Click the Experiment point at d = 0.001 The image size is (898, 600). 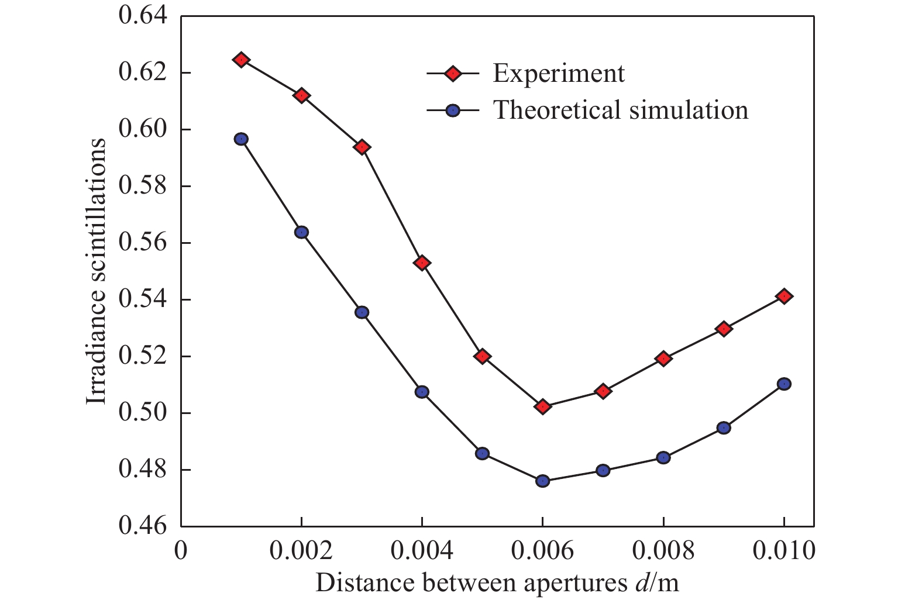pos(241,60)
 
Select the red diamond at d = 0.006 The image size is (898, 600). pos(543,406)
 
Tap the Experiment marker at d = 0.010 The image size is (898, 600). pos(785,296)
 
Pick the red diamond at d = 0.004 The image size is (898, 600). pos(422,263)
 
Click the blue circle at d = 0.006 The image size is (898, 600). pos(543,481)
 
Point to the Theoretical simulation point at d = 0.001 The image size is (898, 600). pos(241,139)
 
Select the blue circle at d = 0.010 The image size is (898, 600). pos(785,384)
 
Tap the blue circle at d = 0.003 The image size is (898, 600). pos(362,312)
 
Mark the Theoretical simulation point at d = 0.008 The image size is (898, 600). pos(663,457)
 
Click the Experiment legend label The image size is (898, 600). pos(559,74)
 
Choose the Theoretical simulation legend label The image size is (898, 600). pos(621,110)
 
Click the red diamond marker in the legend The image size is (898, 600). pos(453,74)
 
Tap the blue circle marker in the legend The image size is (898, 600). pos(453,110)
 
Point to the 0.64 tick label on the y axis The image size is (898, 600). pos(143,16)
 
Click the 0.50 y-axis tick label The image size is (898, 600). pos(143,413)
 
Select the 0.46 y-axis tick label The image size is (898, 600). pos(143,526)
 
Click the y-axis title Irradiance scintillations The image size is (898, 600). pos(97,271)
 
